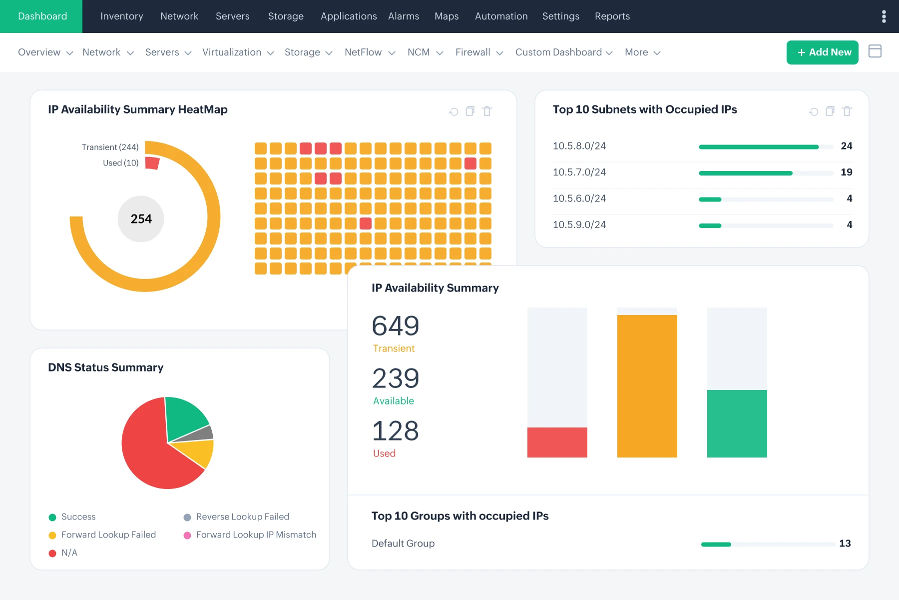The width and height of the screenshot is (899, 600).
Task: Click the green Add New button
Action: click(822, 52)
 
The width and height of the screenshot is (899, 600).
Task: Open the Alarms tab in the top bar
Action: click(404, 16)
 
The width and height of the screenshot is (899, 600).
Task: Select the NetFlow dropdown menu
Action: click(369, 52)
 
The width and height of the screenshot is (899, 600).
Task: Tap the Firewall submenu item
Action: click(478, 52)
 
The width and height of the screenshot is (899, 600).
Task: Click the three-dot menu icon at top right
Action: click(884, 16)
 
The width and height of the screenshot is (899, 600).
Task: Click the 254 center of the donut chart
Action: click(141, 219)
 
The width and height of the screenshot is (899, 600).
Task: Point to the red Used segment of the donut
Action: click(152, 163)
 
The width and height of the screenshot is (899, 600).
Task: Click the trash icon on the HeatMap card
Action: click(487, 111)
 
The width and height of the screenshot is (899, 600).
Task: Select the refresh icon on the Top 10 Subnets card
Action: click(814, 111)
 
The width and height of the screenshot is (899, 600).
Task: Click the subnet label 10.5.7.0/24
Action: click(579, 172)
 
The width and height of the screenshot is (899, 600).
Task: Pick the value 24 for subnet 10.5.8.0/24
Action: click(846, 146)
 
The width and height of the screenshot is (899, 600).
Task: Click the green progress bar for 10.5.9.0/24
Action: click(710, 225)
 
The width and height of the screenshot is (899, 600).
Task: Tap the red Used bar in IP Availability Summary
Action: click(557, 442)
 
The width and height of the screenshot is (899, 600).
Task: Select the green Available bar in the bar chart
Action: click(737, 423)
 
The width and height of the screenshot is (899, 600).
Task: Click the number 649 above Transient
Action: click(395, 326)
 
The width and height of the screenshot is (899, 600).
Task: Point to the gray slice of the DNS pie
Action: click(200, 434)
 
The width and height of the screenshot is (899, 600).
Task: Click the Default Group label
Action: click(403, 543)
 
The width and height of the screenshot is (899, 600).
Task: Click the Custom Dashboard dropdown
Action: click(563, 52)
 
